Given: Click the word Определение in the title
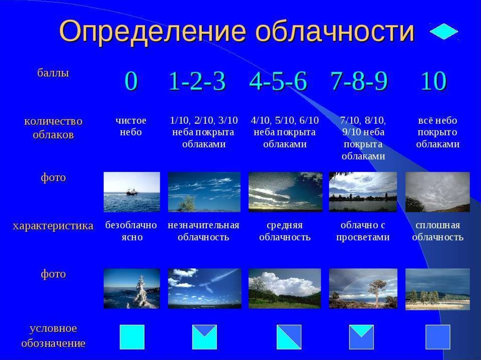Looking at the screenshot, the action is (x=153, y=32).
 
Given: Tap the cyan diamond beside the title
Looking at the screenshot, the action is (x=443, y=31).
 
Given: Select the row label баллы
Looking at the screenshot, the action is (x=53, y=73).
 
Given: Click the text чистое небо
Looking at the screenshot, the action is (x=131, y=126).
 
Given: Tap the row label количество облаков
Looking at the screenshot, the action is (x=53, y=128).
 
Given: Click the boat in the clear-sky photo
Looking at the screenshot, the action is (x=132, y=192).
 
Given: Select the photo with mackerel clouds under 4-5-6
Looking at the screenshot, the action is (x=285, y=192).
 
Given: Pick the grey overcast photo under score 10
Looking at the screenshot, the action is (x=437, y=192).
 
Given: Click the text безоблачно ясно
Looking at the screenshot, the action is (x=131, y=231).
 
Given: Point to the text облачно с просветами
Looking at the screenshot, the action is (x=363, y=231).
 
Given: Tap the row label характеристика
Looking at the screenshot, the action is (x=53, y=226).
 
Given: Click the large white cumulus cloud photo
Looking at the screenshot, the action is (x=285, y=288).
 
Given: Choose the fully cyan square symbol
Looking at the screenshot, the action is (x=132, y=337).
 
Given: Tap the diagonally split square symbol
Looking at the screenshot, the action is (x=289, y=337).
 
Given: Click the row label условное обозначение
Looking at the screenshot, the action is (x=53, y=336).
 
